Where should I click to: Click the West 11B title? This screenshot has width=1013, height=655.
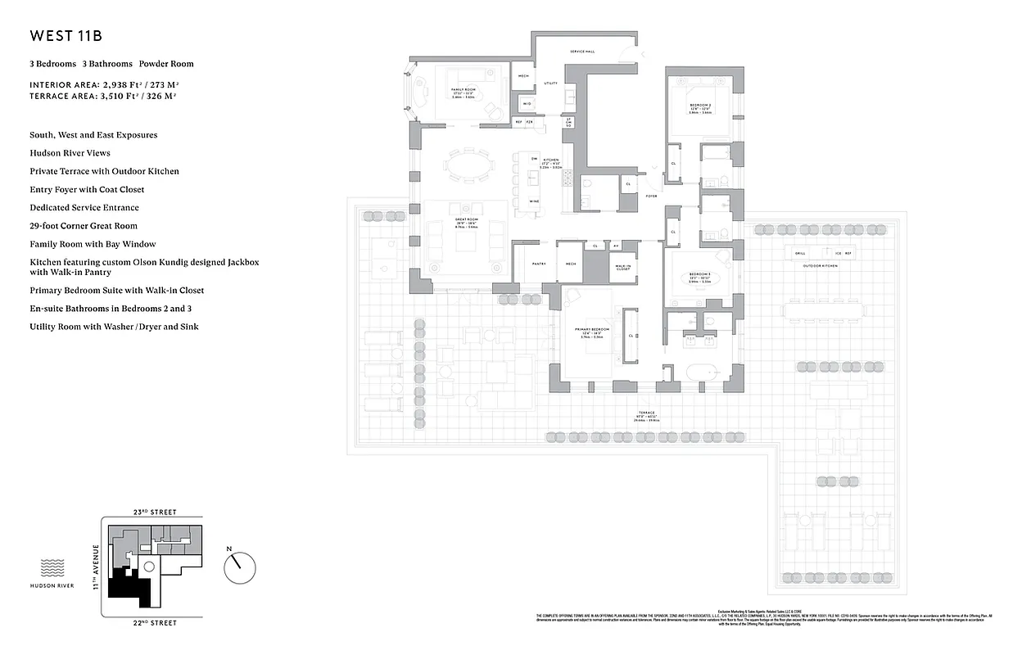[x=66, y=36]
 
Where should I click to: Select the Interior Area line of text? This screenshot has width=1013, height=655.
[x=103, y=84]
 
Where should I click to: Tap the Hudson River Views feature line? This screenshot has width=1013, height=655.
[x=70, y=153]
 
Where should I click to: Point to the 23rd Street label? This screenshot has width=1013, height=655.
[x=154, y=512]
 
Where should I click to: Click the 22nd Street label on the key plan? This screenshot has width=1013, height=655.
[x=154, y=623]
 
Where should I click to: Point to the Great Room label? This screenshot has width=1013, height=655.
[x=466, y=219]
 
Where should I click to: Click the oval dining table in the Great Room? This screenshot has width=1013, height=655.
[x=468, y=165]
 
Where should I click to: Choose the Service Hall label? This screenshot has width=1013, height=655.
[x=582, y=52]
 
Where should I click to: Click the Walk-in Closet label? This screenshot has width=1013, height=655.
[x=623, y=267]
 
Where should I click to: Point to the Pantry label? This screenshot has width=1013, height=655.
[x=538, y=264]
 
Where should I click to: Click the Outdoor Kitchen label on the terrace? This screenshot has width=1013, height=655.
[x=819, y=266]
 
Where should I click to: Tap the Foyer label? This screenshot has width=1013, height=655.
[x=651, y=196]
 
